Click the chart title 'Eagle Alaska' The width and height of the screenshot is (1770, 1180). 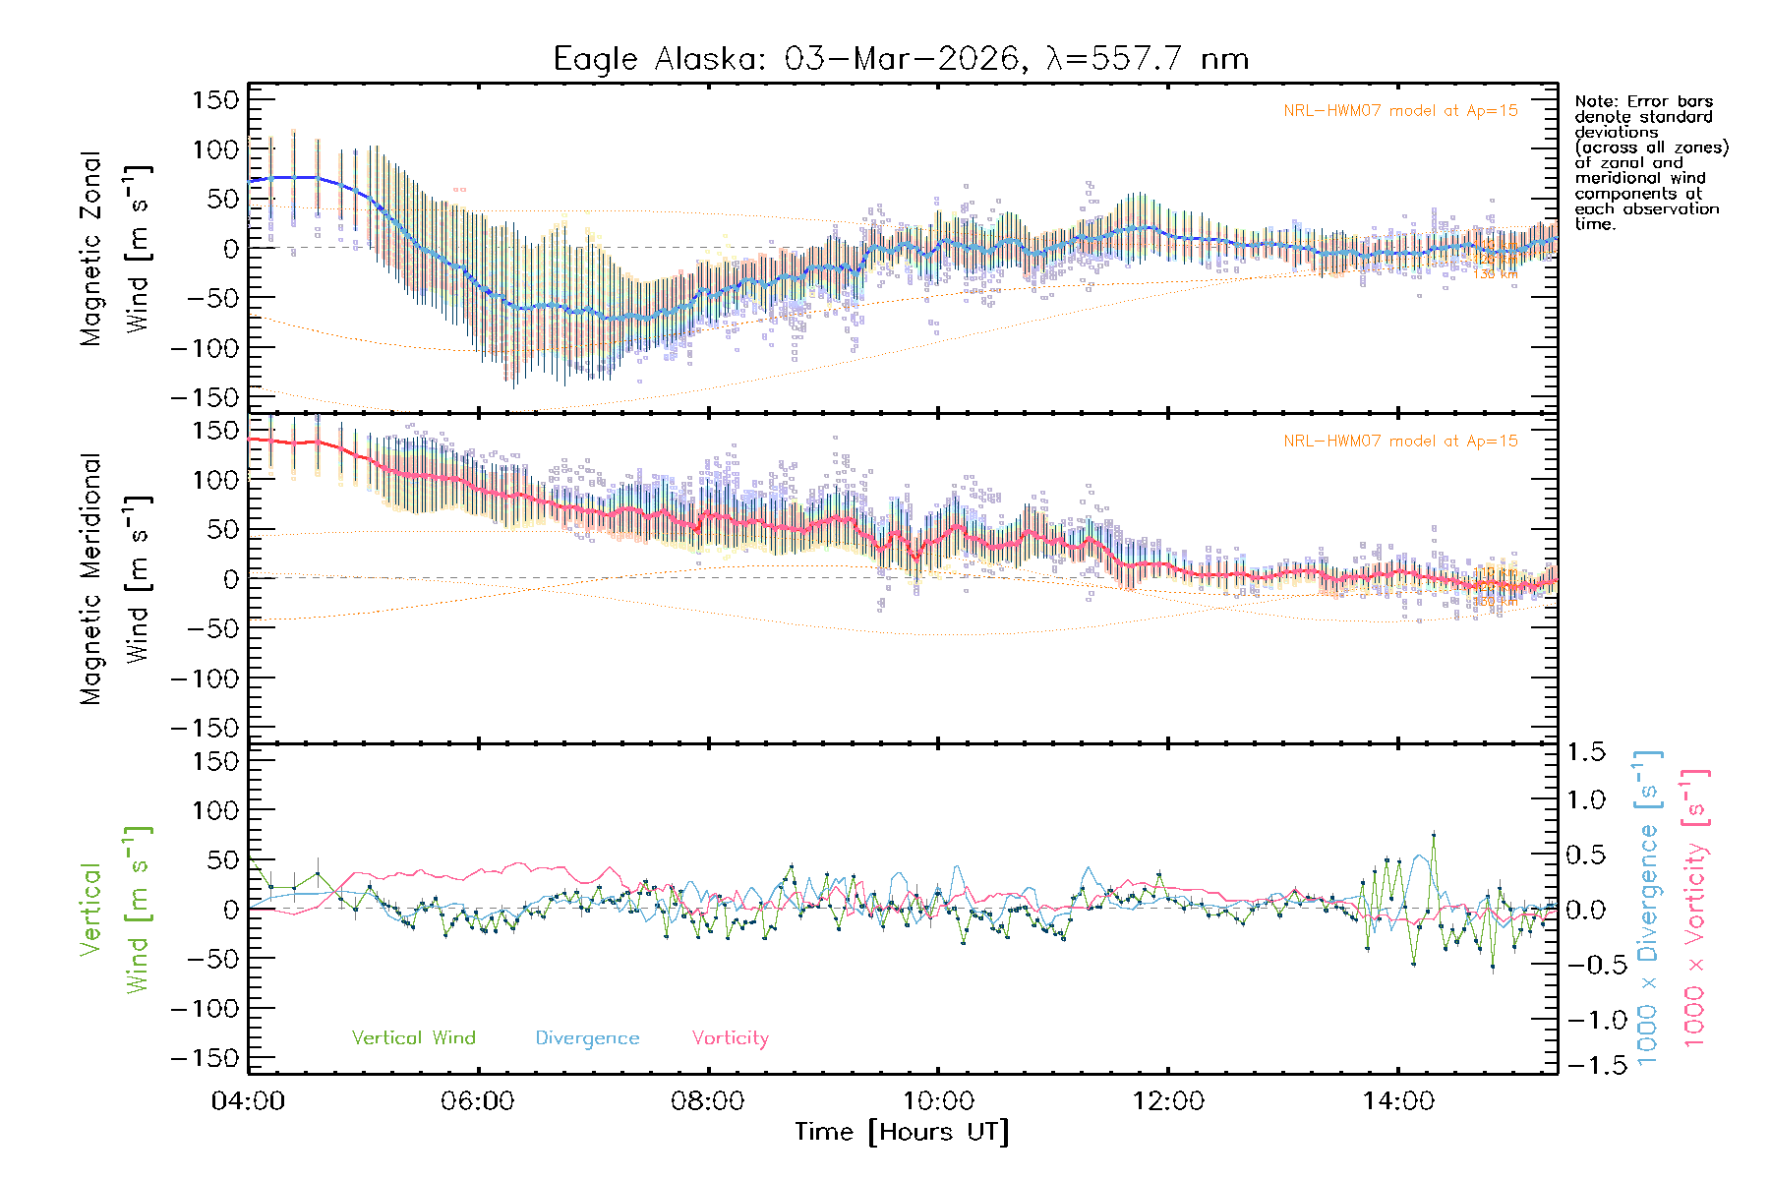point(658,59)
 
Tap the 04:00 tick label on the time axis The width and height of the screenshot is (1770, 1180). point(248,1101)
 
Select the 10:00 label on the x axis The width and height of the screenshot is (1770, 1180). point(938,1101)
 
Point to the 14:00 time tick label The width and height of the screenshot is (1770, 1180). point(1398,1101)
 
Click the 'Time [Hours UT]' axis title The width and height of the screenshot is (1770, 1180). point(902,1133)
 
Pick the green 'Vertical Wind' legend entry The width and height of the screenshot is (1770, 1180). point(413,1038)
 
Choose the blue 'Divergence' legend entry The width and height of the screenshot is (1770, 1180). point(587,1038)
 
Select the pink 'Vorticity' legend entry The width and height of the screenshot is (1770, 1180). point(730,1038)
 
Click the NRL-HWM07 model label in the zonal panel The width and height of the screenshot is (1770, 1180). point(1400,111)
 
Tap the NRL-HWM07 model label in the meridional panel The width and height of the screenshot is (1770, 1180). point(1400,442)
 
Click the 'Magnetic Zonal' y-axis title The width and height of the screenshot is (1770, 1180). point(90,248)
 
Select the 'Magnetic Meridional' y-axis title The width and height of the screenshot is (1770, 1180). point(90,578)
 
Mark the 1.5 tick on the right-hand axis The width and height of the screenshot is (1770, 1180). point(1585,752)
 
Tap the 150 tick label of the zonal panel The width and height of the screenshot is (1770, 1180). point(215,99)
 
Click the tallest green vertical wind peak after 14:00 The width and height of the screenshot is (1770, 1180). point(1434,835)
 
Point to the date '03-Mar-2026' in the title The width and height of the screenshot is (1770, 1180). point(902,59)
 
